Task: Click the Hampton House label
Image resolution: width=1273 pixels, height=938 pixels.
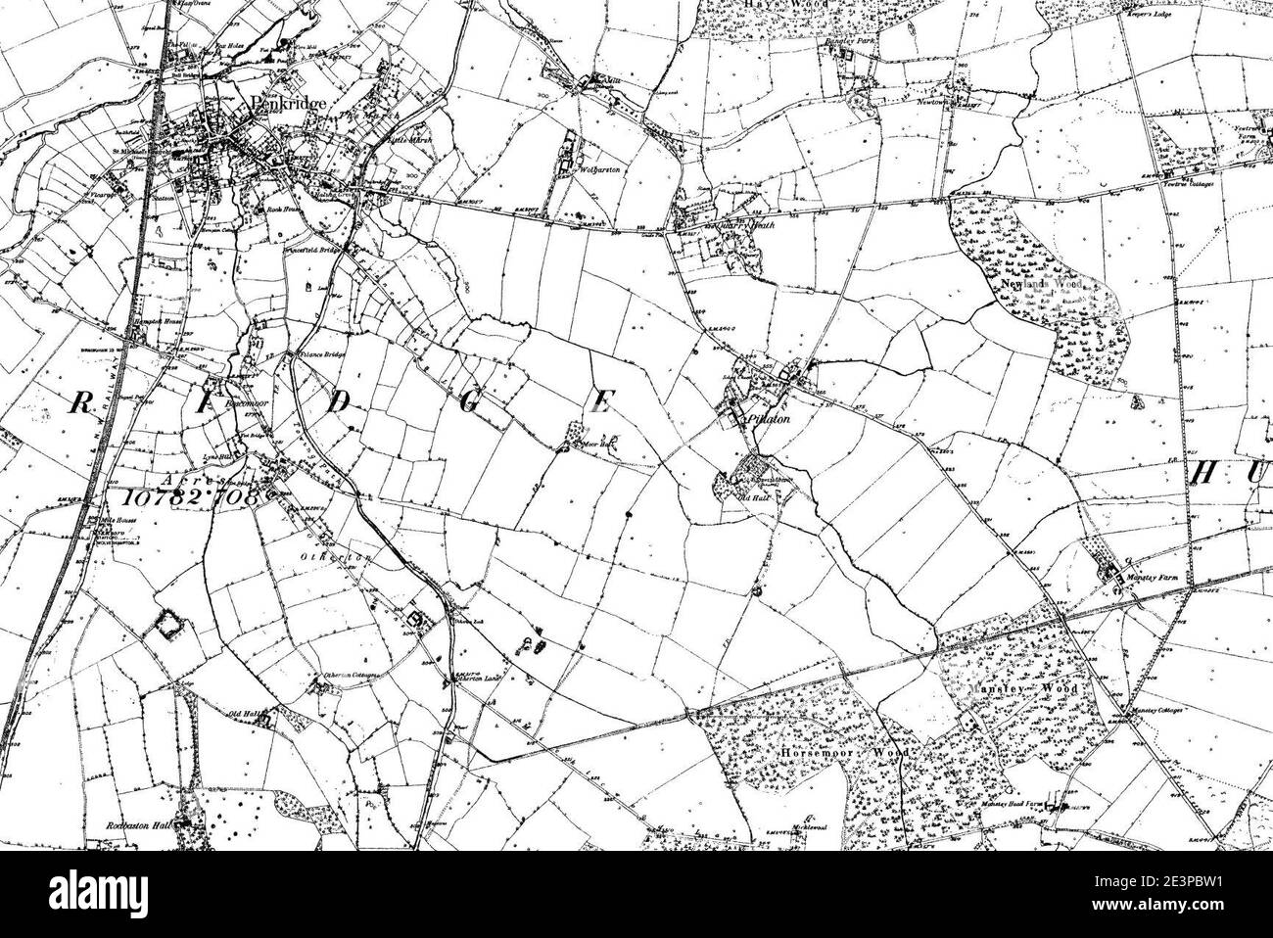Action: [x=151, y=319]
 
